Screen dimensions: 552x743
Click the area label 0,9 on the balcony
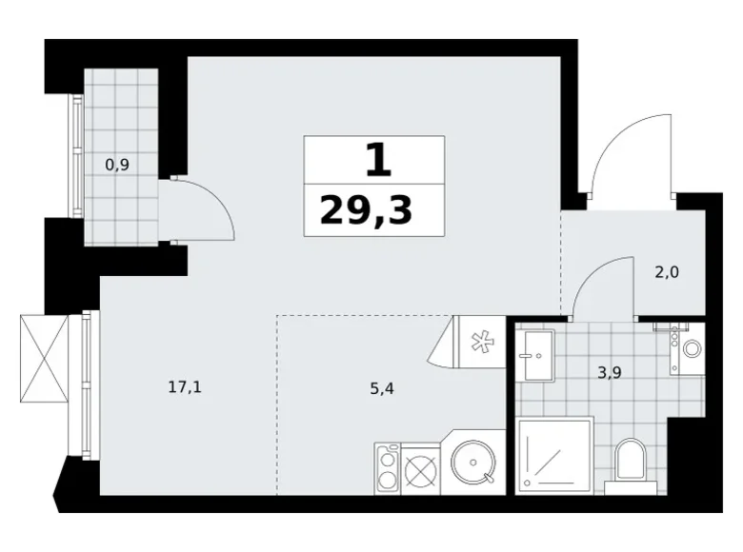coord(117,164)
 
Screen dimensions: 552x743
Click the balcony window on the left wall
coord(71,157)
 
